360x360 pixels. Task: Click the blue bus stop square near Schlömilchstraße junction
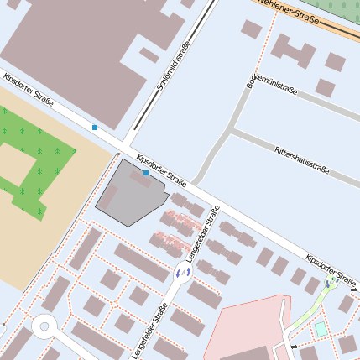pos(95,128)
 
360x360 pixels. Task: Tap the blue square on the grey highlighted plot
pos(146,173)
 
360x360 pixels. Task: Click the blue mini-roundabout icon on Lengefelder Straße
pos(181,273)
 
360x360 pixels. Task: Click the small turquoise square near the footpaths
pos(321,328)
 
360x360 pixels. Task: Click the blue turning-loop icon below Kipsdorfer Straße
pos(330,284)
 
